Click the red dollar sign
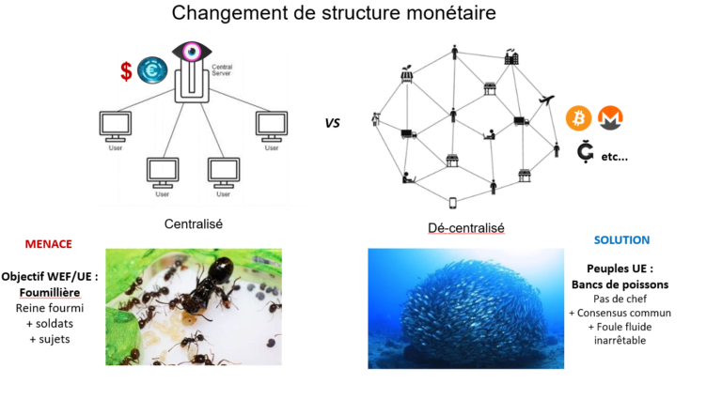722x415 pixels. point(126,71)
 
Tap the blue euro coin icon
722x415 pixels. point(152,70)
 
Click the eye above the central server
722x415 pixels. point(192,51)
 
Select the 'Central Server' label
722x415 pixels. point(222,69)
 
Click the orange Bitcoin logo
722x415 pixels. point(578,117)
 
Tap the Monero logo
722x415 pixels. point(610,117)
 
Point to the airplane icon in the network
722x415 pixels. point(546,100)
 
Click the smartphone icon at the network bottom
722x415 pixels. point(452,203)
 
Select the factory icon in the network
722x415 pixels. point(511,56)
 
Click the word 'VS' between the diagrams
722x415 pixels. point(332,123)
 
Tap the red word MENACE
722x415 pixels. point(48,244)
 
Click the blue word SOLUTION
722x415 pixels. point(621,239)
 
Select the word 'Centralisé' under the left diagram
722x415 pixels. point(194,224)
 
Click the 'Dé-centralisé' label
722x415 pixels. point(466,228)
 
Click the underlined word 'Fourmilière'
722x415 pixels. point(50,293)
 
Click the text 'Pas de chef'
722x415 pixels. point(620,300)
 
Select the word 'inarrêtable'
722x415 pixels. point(620,341)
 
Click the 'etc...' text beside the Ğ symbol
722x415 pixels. point(614,157)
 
